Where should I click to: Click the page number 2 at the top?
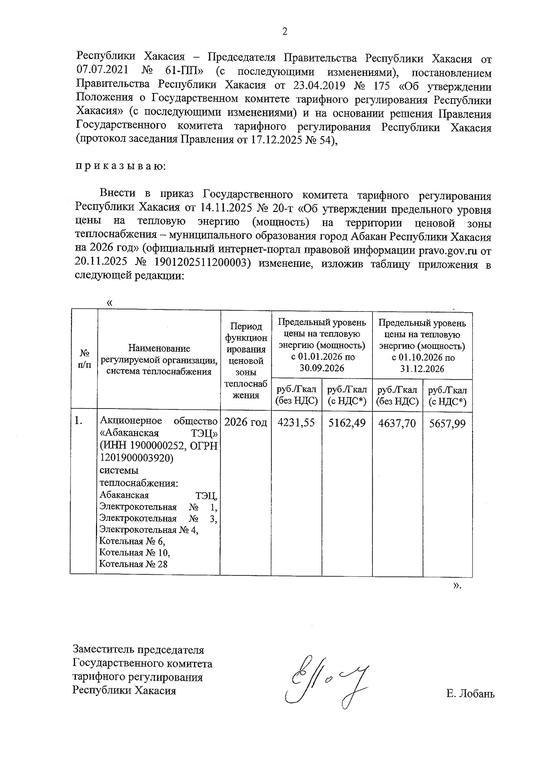pos(283,31)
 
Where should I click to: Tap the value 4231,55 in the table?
pos(296,423)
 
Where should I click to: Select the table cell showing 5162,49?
pos(347,423)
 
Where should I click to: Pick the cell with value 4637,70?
pos(397,423)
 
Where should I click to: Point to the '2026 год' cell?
pos(246,423)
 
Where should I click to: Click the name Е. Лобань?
pos(470,694)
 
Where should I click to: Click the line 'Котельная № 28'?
pos(133,564)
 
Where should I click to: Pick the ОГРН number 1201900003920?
pos(136,458)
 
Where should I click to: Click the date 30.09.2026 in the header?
pos(322,369)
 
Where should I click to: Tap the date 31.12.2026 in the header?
pos(422,369)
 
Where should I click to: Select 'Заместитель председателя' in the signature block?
pos(138,650)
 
